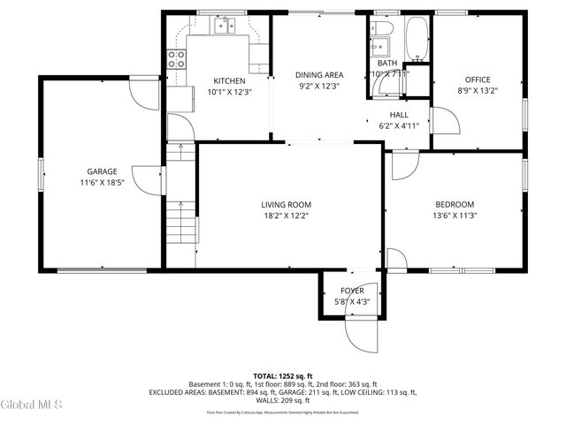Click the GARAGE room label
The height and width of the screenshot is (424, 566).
[x=102, y=171]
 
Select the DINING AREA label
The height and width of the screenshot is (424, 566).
[x=318, y=75]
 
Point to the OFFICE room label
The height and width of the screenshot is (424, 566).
[x=478, y=79]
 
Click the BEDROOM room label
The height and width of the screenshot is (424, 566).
[x=454, y=204]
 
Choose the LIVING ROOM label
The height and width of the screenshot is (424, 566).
[x=284, y=204]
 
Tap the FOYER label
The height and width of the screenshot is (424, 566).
[x=352, y=291]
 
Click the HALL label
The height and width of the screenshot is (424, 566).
[x=399, y=115]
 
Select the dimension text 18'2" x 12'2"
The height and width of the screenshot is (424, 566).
[x=284, y=216]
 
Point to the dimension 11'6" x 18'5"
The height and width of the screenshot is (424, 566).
[x=102, y=183]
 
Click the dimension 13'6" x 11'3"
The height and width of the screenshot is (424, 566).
[x=454, y=216]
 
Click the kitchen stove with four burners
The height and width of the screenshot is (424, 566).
[x=177, y=60]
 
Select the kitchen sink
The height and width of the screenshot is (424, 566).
[x=225, y=26]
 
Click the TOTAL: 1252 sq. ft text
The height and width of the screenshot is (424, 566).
[x=283, y=375]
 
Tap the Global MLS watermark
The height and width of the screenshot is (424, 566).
[x=31, y=405]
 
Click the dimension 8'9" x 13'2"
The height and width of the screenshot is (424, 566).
[x=478, y=91]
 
